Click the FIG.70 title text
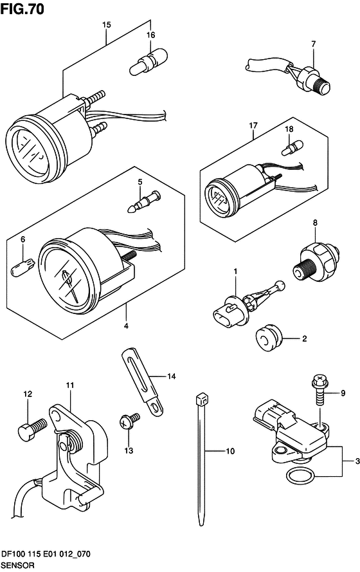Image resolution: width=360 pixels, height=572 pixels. point(22,8)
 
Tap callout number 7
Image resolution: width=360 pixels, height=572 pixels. point(313,44)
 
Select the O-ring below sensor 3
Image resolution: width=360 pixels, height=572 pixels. point(300,475)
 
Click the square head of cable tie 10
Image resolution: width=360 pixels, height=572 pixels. point(201,400)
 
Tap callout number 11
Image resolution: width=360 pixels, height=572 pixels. point(70,385)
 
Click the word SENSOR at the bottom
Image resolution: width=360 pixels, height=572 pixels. point(18,566)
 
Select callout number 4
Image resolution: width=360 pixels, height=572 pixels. point(126,326)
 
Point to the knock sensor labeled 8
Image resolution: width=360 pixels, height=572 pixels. point(316,263)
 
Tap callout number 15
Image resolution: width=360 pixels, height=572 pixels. point(106,25)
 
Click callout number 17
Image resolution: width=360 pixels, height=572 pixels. point(253,125)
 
